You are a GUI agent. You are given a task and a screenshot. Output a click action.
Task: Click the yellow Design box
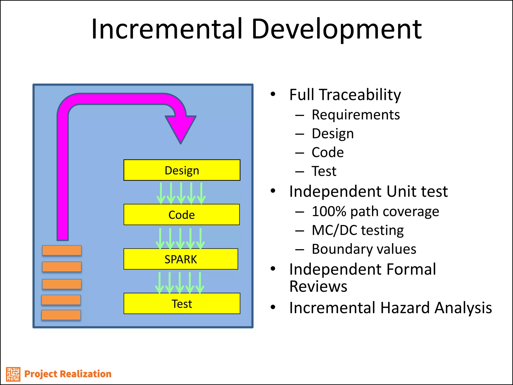coord(182,170)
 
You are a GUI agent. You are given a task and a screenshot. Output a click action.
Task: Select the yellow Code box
coord(182,215)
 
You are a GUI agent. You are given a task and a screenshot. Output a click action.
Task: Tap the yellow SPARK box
coord(181,259)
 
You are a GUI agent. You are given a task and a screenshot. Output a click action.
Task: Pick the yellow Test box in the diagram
coord(182,304)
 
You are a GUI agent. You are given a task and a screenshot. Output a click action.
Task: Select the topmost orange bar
coord(62,250)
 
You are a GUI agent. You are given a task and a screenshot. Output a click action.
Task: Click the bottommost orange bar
coord(61,315)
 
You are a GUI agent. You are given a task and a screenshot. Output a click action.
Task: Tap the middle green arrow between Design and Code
coord(181,193)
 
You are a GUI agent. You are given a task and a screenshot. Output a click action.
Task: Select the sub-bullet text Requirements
coord(356,115)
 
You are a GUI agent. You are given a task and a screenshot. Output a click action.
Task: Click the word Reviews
coord(318,286)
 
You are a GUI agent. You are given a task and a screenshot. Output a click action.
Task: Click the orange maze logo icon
coord(13,374)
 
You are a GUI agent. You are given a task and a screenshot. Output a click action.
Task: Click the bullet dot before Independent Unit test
coord(273,191)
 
